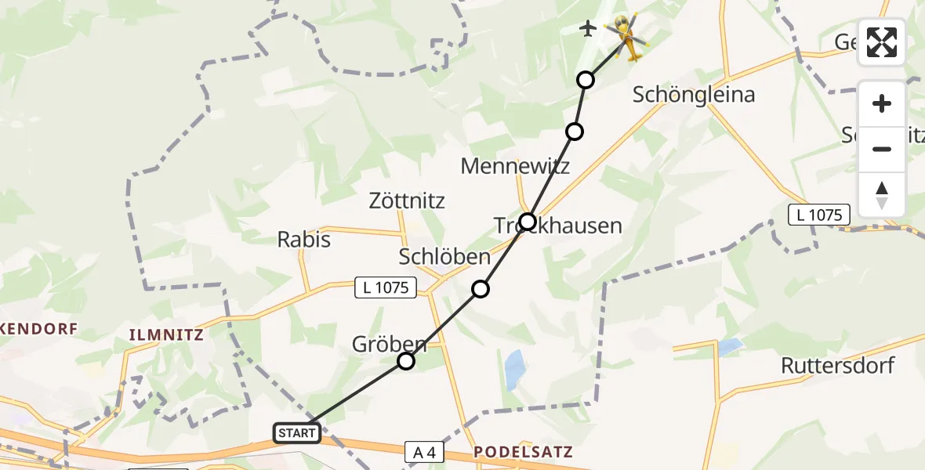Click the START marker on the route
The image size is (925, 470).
(x=297, y=432)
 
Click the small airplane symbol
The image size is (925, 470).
(x=587, y=29)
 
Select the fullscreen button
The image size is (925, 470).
(x=882, y=42)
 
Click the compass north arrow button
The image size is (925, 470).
(x=882, y=195)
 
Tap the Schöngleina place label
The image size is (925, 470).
(x=694, y=95)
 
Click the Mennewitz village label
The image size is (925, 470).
(x=515, y=166)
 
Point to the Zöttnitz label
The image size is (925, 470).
(x=407, y=201)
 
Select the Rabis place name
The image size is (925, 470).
(x=304, y=239)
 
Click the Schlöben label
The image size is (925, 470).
(x=444, y=256)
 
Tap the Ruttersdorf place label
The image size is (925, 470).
(x=837, y=365)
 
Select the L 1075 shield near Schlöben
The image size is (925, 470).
(x=386, y=287)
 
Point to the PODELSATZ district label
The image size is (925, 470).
(x=523, y=452)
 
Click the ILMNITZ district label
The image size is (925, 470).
(x=166, y=335)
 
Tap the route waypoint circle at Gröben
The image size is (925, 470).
(x=405, y=361)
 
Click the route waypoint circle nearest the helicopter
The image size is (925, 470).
(x=586, y=80)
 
